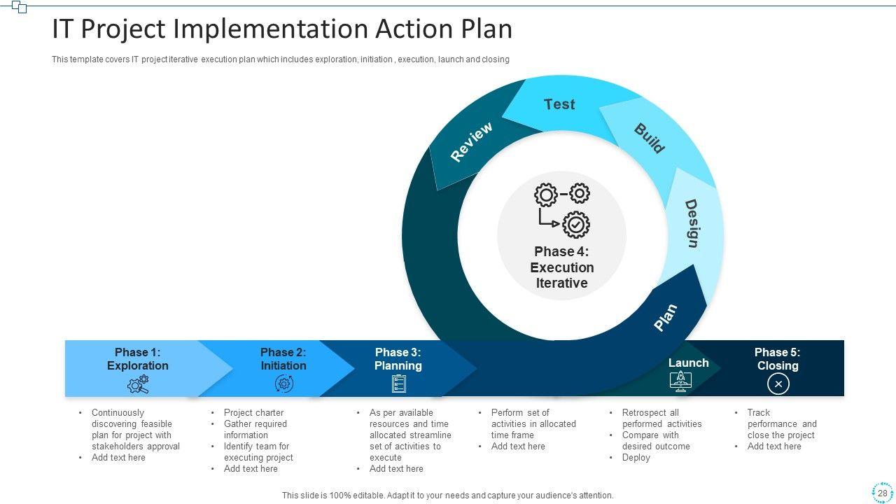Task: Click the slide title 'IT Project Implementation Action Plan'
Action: click(282, 29)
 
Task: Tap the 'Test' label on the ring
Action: click(559, 104)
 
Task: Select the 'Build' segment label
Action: click(649, 138)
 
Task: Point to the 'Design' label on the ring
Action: click(692, 223)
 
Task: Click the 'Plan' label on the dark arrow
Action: click(665, 317)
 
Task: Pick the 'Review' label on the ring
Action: click(471, 142)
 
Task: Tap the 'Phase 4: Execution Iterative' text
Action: click(561, 267)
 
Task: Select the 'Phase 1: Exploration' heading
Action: click(137, 359)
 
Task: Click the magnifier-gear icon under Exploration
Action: click(138, 384)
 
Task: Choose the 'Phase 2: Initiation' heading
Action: click(283, 359)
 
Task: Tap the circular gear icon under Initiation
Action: click(283, 384)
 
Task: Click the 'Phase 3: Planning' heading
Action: click(398, 359)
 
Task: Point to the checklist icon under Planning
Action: click(399, 384)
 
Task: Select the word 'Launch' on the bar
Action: click(688, 363)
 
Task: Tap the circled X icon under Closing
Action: click(778, 384)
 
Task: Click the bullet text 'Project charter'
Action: click(253, 413)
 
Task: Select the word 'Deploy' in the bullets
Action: click(636, 458)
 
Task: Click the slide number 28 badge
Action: click(882, 493)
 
